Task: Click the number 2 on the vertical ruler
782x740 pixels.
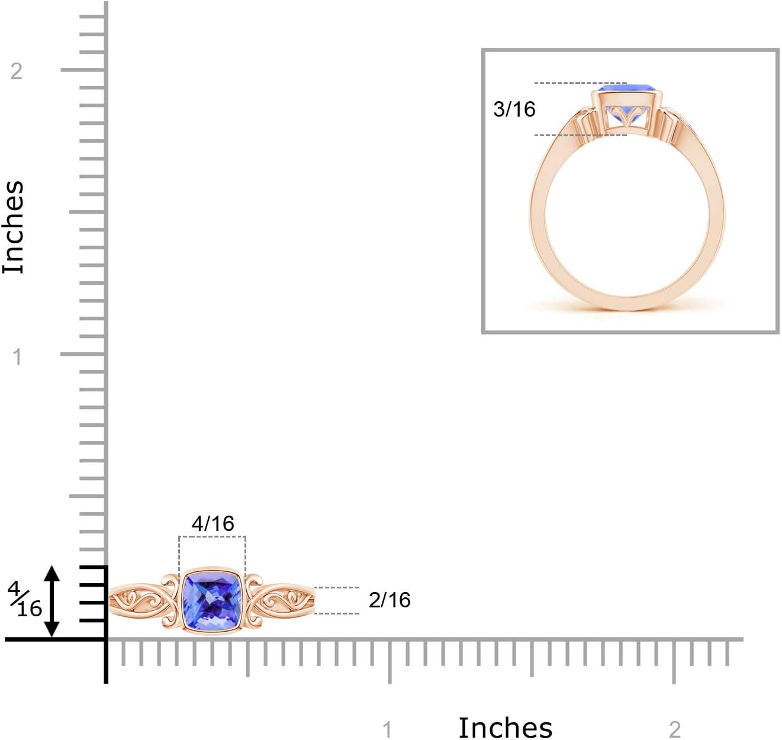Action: pyautogui.click(x=17, y=71)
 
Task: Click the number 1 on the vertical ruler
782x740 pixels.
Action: pyautogui.click(x=17, y=356)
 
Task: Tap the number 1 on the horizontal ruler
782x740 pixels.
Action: pyautogui.click(x=387, y=729)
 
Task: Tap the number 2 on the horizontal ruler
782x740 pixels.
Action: pyautogui.click(x=675, y=729)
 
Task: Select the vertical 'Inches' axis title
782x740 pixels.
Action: pyautogui.click(x=14, y=227)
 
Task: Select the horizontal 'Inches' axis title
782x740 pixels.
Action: pyautogui.click(x=505, y=728)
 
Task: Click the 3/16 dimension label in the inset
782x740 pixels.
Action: pyautogui.click(x=514, y=109)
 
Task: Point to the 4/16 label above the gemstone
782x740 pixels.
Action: pyautogui.click(x=213, y=523)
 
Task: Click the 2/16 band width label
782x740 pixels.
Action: pyautogui.click(x=389, y=600)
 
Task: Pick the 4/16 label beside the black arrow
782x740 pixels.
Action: pyautogui.click(x=24, y=599)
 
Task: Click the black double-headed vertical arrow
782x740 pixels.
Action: pyautogui.click(x=52, y=601)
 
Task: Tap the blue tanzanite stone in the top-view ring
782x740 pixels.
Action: pyautogui.click(x=212, y=601)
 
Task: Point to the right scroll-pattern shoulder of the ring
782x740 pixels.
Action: pyautogui.click(x=281, y=601)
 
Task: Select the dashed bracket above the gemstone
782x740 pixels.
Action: pyautogui.click(x=212, y=537)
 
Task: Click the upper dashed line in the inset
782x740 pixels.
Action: pyautogui.click(x=580, y=83)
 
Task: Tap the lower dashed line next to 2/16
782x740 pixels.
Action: pyautogui.click(x=336, y=613)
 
